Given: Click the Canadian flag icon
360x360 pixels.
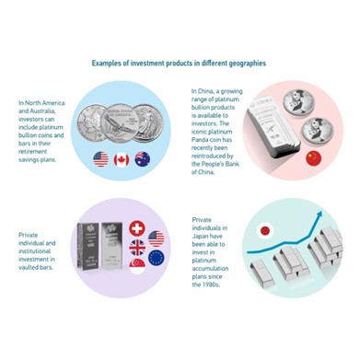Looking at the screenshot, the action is click(x=122, y=160).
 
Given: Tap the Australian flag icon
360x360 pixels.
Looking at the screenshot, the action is click(x=143, y=159).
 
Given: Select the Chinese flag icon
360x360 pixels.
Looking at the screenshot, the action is click(x=314, y=158).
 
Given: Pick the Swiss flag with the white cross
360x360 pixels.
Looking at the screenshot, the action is click(x=137, y=228).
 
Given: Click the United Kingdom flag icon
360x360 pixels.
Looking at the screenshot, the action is click(x=137, y=248).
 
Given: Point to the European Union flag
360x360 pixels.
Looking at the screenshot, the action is click(x=157, y=258).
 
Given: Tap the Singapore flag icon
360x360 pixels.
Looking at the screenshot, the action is click(x=137, y=267).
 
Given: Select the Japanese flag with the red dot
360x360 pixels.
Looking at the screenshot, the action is click(x=265, y=231).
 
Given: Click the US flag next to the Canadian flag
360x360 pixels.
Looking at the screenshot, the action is click(x=100, y=159).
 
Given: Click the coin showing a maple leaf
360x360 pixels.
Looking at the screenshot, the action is click(x=91, y=122).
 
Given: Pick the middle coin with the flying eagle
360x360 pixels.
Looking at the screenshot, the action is click(x=120, y=123).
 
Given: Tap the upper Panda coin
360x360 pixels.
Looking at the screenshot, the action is click(x=296, y=103).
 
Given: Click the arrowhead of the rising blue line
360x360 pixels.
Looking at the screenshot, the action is click(x=319, y=215).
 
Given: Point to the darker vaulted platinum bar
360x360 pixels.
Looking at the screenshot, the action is click(x=88, y=246).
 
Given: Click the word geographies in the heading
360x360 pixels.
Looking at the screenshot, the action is click(x=248, y=64).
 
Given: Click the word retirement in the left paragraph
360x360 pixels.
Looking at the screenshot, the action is click(x=33, y=151).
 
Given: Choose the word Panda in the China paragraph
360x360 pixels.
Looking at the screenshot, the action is click(x=201, y=140).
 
